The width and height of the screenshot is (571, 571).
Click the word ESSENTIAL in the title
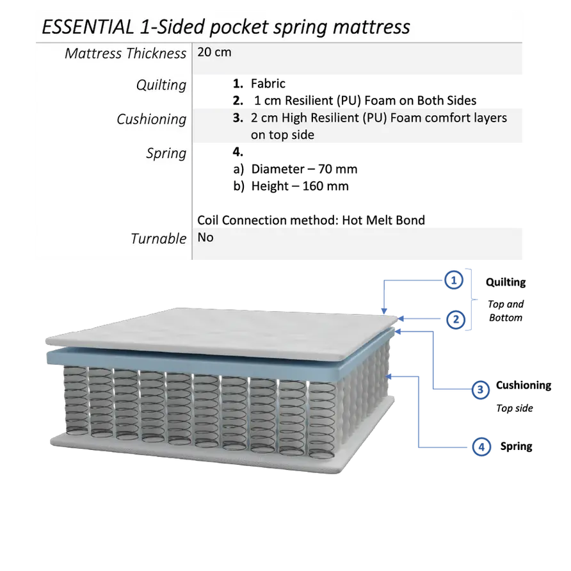pos(88,27)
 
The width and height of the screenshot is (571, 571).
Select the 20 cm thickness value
pos(214,52)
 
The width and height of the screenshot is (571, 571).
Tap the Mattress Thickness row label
pos(125,54)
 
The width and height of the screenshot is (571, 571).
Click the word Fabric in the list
pos(268,83)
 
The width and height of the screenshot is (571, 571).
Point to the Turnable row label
pos(158,239)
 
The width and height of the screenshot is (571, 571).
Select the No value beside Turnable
pos(205,237)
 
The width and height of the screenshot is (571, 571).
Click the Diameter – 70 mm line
pos(295,169)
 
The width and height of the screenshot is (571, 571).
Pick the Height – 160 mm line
pos(291,186)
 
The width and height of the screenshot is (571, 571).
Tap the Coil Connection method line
pos(311,220)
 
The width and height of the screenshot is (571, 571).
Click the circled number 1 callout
pos(453,280)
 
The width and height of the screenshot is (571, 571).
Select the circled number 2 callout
pos(456,319)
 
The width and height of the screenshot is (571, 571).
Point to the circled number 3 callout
pos(480,389)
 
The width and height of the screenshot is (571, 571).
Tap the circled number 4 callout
pos(481,446)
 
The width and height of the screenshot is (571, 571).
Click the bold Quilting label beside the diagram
pos(506,282)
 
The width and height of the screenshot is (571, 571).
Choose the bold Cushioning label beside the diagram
pos(524,385)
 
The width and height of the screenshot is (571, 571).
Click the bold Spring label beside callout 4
pos(517,446)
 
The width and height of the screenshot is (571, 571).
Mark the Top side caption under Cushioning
pos(515,408)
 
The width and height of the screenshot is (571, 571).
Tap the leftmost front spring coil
pos(76,401)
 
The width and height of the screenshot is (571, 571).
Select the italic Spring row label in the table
pos(166,153)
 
